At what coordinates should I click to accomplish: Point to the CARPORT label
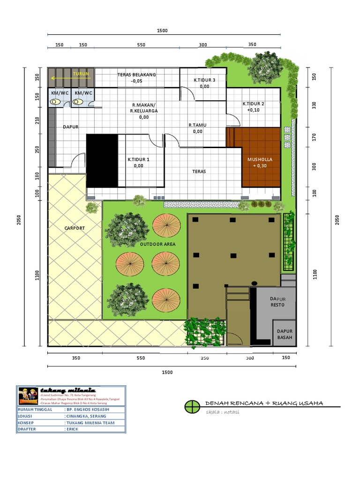coord(75,228)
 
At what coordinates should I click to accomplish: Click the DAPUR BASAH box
coord(285,334)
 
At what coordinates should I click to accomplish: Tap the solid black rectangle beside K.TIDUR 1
coord(102,160)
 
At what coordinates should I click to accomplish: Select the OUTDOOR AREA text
coord(157,245)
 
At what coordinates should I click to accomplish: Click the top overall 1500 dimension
coord(162,30)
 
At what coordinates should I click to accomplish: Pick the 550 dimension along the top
coord(141,45)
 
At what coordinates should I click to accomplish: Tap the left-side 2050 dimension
coord(20,220)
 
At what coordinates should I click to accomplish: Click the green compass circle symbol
coord(191,406)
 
